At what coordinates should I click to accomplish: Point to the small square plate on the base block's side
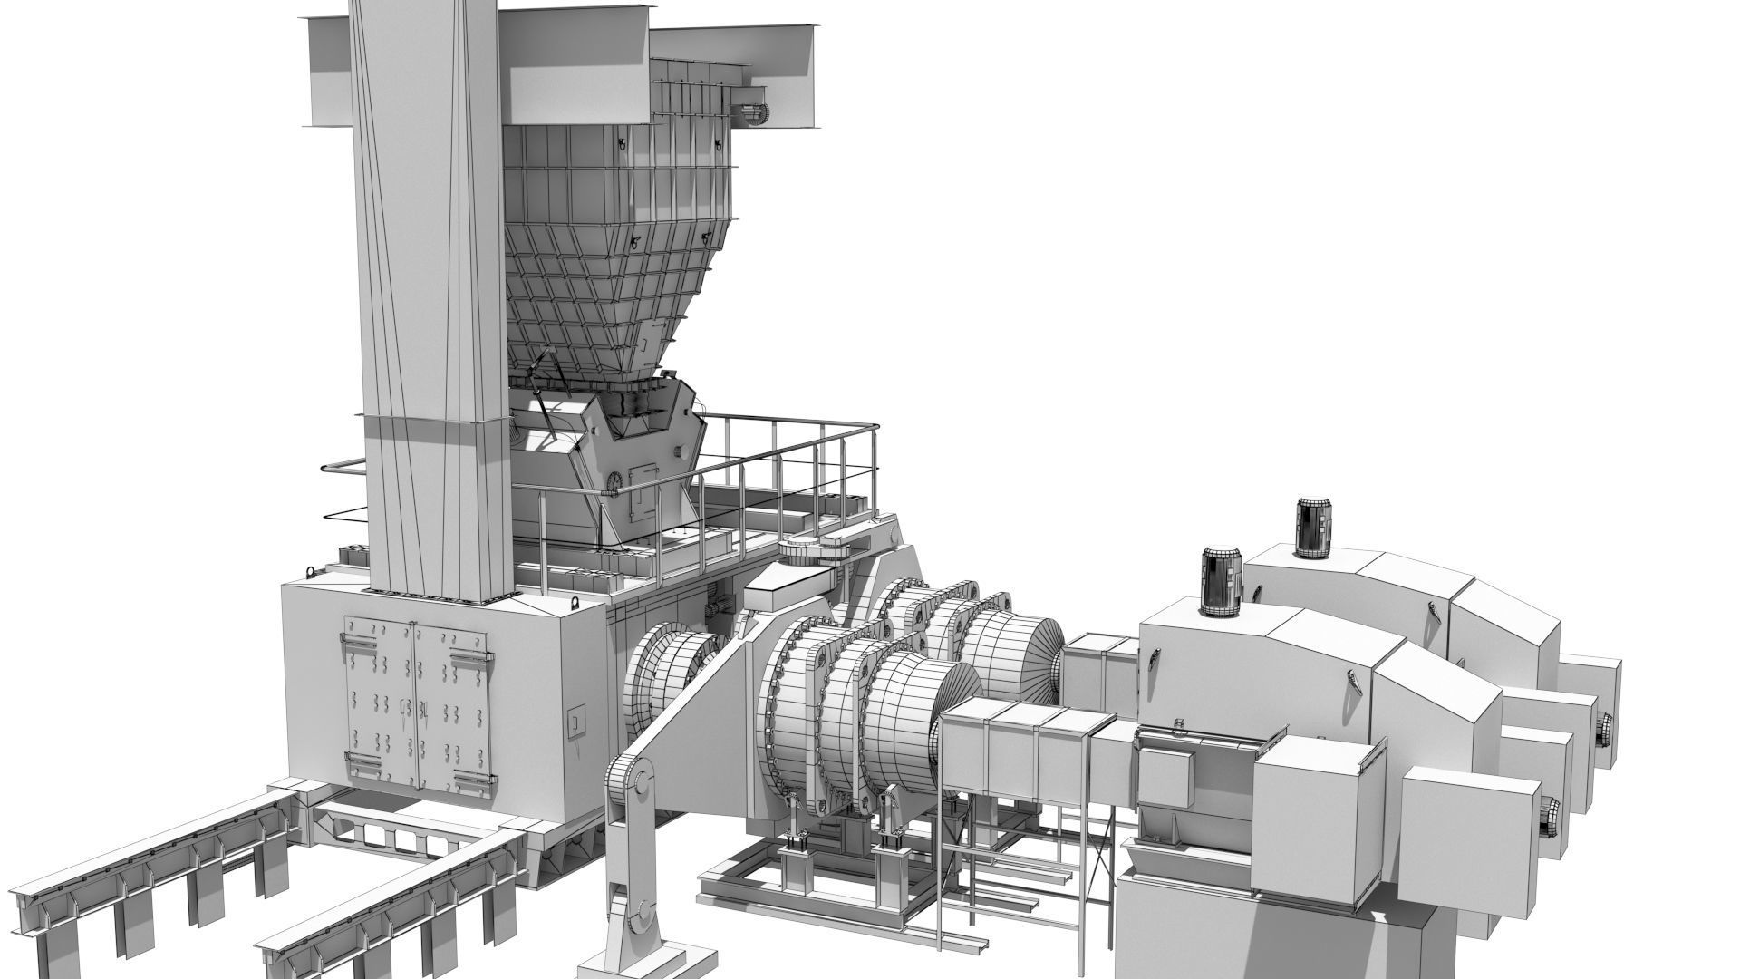(x=575, y=722)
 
